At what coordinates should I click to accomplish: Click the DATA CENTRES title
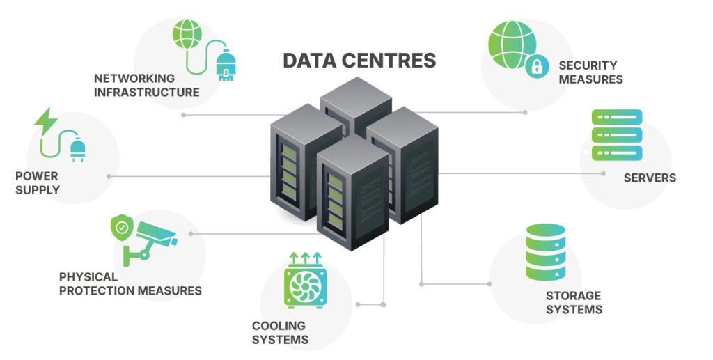tap(359, 61)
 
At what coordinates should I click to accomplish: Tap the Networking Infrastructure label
tap(146, 85)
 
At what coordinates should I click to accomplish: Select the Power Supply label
tap(37, 183)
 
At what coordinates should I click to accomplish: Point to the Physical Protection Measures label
tap(130, 283)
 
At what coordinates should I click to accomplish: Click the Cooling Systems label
tap(280, 333)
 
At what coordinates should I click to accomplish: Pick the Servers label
tap(649, 178)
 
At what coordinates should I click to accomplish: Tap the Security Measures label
tap(590, 72)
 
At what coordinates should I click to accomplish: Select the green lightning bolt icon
tap(46, 119)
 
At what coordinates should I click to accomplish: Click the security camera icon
tap(155, 235)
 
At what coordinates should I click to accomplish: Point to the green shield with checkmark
tap(123, 226)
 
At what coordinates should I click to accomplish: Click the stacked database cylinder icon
tap(545, 251)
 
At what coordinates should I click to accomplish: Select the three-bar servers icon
tap(616, 134)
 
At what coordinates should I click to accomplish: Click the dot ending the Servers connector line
tap(603, 173)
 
